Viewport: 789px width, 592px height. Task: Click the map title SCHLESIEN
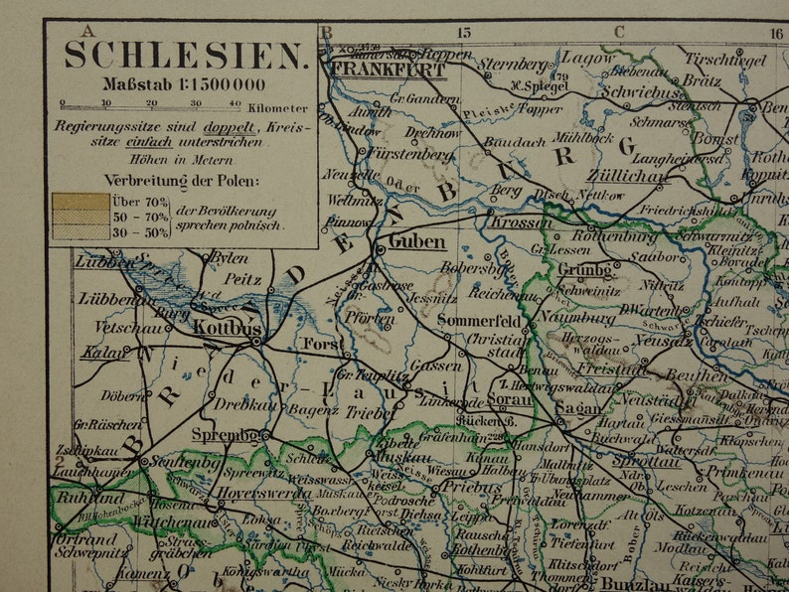coord(185,56)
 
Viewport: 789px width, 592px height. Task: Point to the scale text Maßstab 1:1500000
coord(184,84)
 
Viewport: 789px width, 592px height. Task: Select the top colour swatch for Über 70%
coord(80,201)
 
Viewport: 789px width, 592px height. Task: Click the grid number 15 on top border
coord(462,32)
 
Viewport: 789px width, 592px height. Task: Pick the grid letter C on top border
coord(619,32)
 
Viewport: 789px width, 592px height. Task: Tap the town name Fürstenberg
coord(410,154)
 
